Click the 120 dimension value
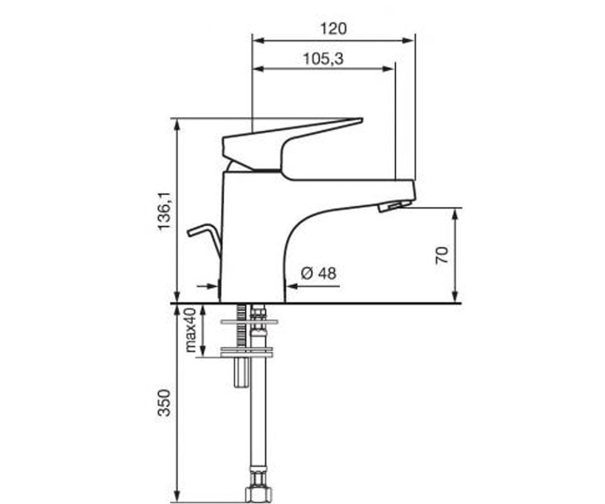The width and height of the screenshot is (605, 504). point(333,29)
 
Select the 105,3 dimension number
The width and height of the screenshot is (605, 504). point(323,59)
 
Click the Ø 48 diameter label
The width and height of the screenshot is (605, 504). point(319,273)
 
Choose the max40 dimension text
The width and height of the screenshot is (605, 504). point(191,330)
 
